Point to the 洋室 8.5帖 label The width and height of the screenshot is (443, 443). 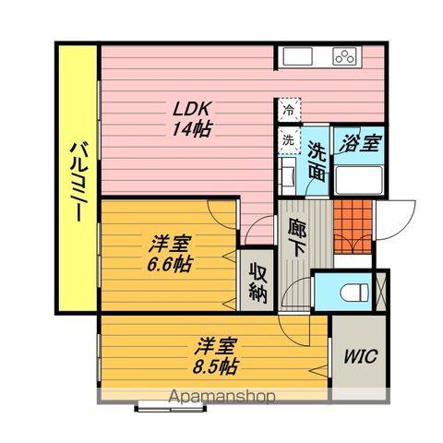pos(217,355)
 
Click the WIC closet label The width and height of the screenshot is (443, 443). pos(360,356)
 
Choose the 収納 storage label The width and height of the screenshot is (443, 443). pos(257,284)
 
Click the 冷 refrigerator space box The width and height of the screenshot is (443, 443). pos(289,110)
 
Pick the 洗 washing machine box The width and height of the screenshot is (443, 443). pos(289,140)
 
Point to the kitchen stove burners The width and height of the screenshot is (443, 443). pos(345,57)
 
